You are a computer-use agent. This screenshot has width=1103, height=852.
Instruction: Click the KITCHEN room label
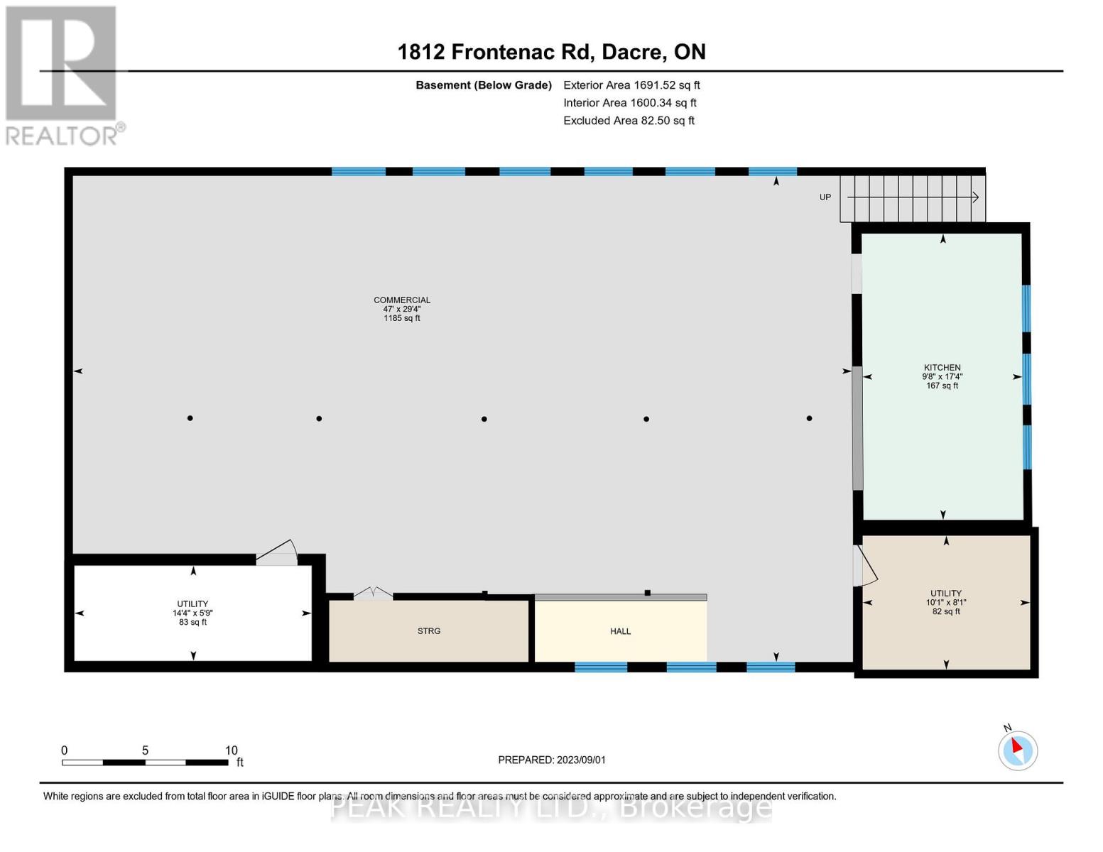point(942,368)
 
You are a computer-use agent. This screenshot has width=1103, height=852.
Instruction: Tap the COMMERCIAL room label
point(402,300)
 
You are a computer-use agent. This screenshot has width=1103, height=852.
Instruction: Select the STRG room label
point(429,631)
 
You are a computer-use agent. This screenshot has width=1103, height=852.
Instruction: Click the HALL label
point(620,631)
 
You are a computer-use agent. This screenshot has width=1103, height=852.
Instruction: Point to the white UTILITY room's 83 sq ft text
point(192,623)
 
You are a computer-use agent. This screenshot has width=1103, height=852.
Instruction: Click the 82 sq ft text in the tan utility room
point(946,611)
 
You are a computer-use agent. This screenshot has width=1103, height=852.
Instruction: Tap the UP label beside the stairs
point(825,197)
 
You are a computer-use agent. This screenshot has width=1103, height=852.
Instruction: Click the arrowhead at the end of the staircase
point(976,197)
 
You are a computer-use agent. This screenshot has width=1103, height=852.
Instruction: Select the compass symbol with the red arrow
point(1017,750)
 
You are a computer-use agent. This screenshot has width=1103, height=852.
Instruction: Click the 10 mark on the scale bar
point(231,750)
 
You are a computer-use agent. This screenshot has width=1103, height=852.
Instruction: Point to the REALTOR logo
point(63,75)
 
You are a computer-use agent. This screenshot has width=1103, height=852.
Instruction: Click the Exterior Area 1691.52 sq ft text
point(631,85)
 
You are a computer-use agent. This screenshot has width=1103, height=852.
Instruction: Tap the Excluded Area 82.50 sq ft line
point(629,121)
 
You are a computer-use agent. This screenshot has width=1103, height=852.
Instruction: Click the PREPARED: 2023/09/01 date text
point(552,760)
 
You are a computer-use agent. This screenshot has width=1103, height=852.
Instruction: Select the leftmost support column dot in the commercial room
point(190,418)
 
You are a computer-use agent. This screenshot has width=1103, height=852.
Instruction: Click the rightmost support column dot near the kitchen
point(809,418)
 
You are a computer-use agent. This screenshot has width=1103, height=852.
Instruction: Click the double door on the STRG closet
point(374,594)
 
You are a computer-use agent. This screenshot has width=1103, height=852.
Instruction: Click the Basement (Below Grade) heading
point(484,85)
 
